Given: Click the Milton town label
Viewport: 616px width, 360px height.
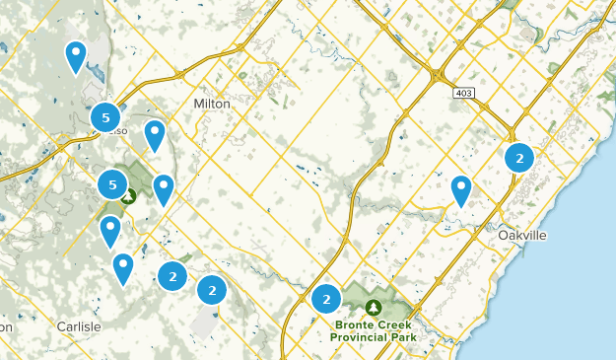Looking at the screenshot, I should pos(213,104).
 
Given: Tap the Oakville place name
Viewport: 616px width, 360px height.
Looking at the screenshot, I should pos(521,236).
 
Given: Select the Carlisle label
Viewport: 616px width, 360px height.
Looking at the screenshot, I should pos(78,325).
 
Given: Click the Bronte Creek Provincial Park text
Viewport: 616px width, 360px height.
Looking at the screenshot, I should pos(374,330).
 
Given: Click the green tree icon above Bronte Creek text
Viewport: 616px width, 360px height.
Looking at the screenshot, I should pos(374,308).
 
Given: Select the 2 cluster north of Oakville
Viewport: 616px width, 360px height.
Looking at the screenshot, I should pos(518,157).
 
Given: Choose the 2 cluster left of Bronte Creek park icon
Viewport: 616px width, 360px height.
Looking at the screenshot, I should pos(325,298).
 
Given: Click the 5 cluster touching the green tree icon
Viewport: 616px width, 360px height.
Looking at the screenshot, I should pos(112,183).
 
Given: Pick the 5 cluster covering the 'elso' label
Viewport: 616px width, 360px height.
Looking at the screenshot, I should pos(104,117).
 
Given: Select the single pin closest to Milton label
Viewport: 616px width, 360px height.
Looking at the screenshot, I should pos(155,134).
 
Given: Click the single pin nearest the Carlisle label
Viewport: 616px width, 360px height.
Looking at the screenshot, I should pos(122,266).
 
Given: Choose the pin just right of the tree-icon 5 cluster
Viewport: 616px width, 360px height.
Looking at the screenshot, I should pos(163,187).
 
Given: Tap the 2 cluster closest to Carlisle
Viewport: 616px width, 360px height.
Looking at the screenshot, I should pos(172,276).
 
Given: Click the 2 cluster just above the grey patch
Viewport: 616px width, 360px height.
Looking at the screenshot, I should pos(211,290).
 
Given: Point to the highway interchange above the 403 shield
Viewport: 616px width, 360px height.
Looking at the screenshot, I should pos(437,74).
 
